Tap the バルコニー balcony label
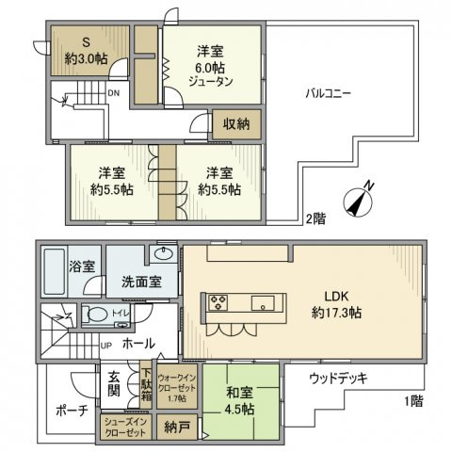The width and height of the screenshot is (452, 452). [328, 95]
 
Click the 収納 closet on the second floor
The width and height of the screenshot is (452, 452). [235, 124]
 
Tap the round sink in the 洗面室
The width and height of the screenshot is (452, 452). [162, 254]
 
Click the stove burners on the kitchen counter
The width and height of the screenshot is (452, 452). [218, 302]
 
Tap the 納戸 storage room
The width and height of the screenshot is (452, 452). [175, 428]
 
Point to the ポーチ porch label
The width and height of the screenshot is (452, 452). [71, 411]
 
